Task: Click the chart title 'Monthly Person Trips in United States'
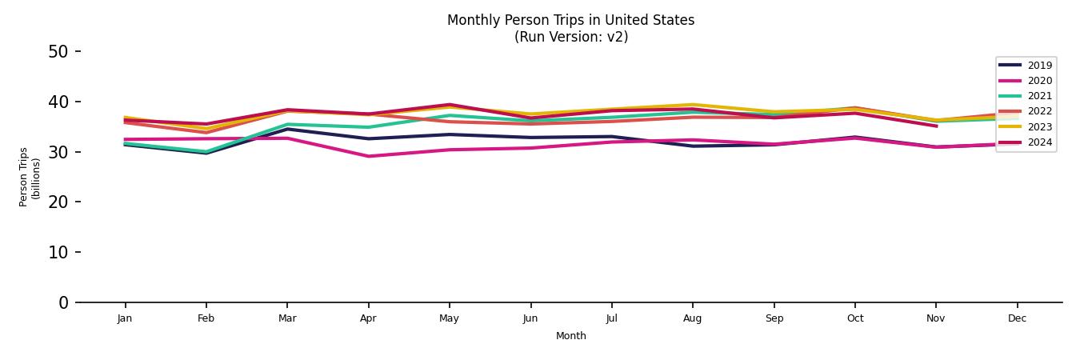(570, 20)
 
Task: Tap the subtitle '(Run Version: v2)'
(570, 37)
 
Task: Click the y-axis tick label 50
(58, 52)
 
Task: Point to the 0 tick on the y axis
(62, 302)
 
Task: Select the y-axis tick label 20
(58, 202)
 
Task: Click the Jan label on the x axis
(125, 318)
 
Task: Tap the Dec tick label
(1017, 318)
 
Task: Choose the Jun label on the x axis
(530, 318)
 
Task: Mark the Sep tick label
(774, 318)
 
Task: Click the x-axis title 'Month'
(570, 336)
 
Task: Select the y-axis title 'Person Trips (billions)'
(30, 177)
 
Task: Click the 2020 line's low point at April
(368, 156)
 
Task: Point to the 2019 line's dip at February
(206, 153)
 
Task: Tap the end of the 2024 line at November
(936, 126)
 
